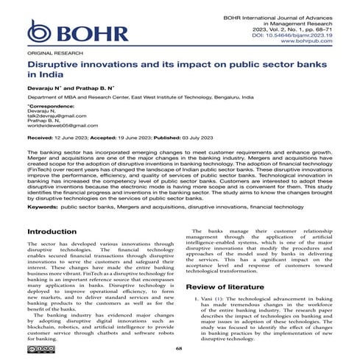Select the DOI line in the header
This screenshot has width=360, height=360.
tap(306, 34)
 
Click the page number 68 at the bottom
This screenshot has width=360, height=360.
tap(180, 349)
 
